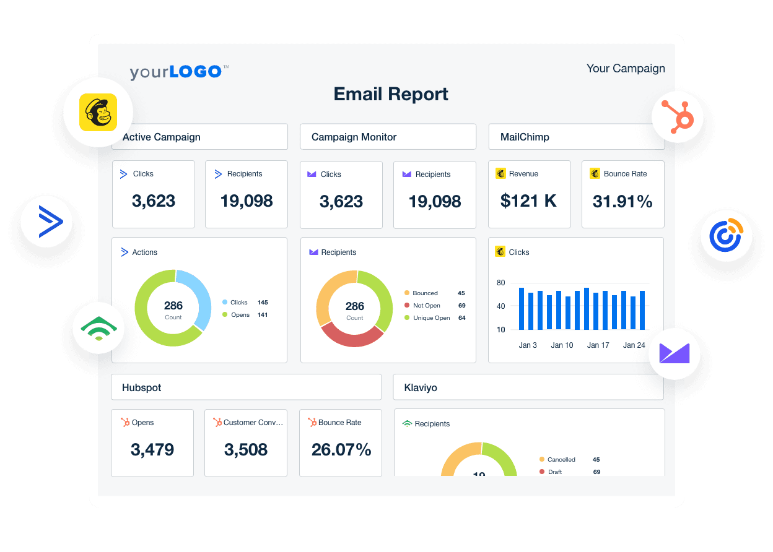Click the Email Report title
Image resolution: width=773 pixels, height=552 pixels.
(x=391, y=94)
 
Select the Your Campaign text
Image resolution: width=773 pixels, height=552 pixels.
(x=626, y=69)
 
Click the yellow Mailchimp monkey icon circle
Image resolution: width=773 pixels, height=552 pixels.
(x=98, y=113)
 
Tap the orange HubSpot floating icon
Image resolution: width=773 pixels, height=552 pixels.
(x=678, y=116)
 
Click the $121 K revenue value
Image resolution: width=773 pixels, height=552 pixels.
(x=528, y=201)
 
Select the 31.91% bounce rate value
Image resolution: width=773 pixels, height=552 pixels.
(x=622, y=201)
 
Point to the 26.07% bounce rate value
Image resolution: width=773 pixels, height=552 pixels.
(x=341, y=450)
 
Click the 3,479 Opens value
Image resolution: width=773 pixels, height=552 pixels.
(x=152, y=450)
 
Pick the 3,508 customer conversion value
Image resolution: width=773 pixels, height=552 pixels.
(x=246, y=450)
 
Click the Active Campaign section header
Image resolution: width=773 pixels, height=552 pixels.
(x=162, y=137)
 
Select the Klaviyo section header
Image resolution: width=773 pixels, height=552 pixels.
(x=421, y=388)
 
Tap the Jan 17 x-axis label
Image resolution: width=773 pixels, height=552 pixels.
(x=598, y=345)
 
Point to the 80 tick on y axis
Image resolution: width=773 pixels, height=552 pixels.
(x=500, y=283)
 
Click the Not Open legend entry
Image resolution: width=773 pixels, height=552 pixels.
(x=426, y=306)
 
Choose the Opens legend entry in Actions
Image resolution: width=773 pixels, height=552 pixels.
(x=240, y=315)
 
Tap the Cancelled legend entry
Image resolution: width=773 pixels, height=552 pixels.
(x=561, y=460)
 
